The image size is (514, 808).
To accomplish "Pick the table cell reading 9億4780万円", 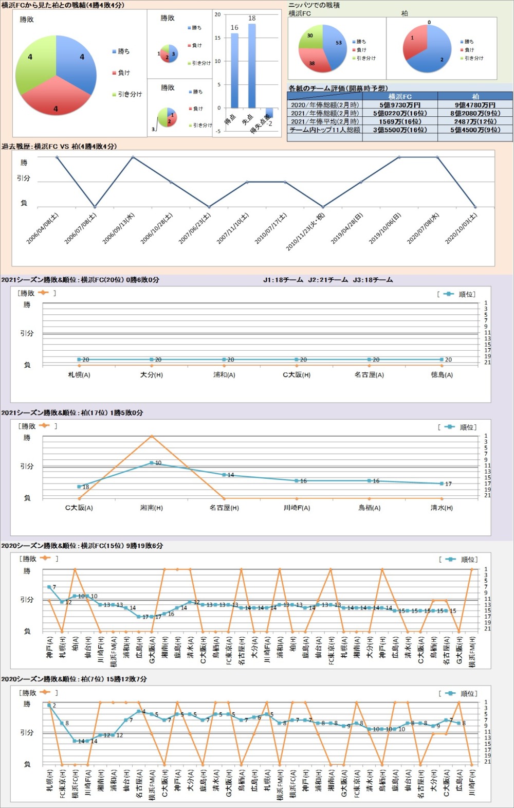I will click(x=475, y=105).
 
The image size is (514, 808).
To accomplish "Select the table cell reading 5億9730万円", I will click(x=400, y=105).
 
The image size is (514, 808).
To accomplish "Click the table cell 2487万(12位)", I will click(x=475, y=122).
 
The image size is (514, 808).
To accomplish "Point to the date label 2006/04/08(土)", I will click(x=43, y=228).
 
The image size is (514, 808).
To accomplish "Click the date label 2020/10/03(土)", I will click(x=462, y=228).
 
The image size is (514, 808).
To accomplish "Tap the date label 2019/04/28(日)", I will click(x=347, y=228).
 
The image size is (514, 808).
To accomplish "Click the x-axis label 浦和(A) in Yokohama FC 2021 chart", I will click(x=224, y=375).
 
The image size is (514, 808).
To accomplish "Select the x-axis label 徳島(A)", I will click(x=442, y=375).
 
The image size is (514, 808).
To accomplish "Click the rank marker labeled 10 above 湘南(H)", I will click(x=152, y=463).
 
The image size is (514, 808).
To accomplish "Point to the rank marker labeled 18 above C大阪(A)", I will click(x=79, y=487).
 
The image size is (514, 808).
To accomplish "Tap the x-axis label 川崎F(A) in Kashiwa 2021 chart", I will click(x=297, y=508).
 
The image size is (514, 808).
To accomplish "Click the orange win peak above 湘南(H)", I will click(x=152, y=436).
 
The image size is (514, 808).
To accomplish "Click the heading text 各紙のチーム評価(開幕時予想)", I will click(x=338, y=88).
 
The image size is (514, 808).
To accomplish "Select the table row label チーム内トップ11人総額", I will click(x=325, y=130).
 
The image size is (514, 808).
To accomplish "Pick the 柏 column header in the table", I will click(x=475, y=96).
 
